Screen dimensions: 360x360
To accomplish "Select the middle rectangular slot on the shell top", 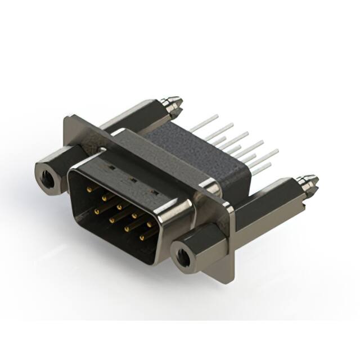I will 132,180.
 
